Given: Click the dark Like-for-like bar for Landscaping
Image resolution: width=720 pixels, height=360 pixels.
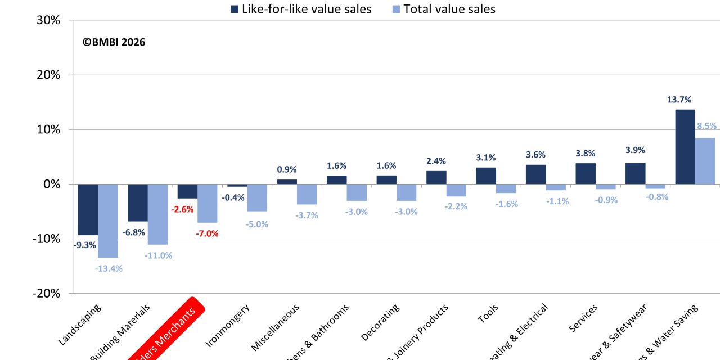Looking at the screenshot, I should (88, 209).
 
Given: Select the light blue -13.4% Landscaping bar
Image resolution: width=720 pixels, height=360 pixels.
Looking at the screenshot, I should (108, 220).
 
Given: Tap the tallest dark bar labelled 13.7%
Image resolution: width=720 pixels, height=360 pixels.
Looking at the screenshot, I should (685, 146).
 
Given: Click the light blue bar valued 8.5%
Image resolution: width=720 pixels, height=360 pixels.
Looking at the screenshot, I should (705, 160).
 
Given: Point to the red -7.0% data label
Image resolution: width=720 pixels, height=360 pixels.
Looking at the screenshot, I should (206, 233).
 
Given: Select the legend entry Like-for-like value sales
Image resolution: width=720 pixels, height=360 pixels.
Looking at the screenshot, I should (300, 9).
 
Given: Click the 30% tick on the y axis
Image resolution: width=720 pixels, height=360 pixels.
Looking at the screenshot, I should (48, 20).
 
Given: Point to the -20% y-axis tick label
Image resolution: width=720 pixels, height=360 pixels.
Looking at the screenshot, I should (46, 294).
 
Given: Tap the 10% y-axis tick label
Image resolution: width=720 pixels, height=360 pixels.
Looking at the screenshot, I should (48, 129).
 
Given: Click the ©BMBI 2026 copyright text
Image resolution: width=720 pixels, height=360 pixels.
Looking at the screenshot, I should (114, 42).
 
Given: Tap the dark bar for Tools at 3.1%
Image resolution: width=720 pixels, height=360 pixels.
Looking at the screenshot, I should (486, 175).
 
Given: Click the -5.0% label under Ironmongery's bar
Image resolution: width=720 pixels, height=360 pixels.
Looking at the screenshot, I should (256, 224).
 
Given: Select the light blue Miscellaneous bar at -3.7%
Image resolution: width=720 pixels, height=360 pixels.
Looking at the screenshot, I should (307, 194).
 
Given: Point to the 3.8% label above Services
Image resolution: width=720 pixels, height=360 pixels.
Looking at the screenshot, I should (585, 154).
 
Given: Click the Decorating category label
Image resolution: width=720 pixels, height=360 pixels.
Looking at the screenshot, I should (380, 322).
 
